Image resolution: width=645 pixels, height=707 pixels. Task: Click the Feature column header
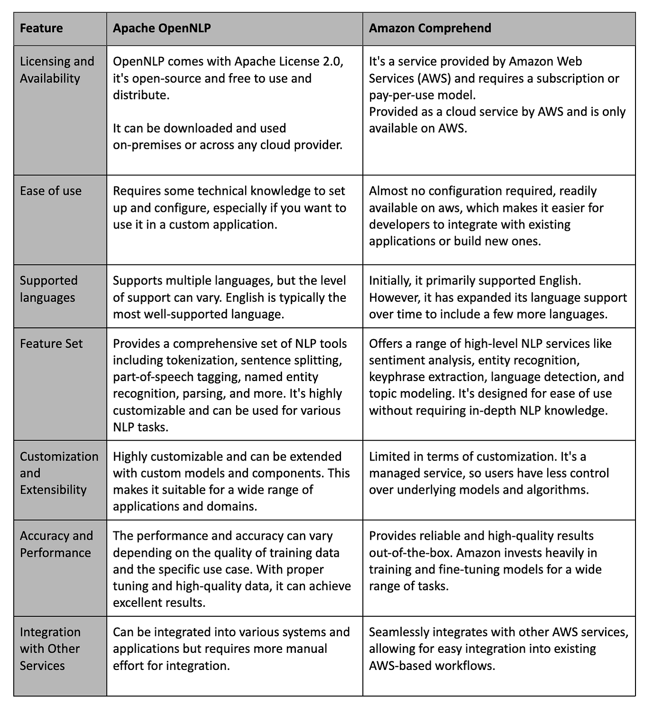point(41,28)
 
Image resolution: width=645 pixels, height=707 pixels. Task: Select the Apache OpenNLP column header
point(162,28)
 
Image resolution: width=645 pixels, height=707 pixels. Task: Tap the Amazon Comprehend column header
point(430,28)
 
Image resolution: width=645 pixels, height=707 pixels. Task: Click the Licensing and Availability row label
point(57,70)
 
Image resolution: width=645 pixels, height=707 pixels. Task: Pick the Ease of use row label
point(51,191)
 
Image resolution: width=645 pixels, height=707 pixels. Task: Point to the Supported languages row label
point(48,289)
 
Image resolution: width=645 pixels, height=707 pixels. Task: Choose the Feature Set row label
point(51,344)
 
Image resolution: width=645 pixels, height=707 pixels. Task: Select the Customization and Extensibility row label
point(59,473)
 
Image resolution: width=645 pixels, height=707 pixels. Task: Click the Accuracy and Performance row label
point(56,544)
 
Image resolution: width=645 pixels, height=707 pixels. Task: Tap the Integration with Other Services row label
point(50,649)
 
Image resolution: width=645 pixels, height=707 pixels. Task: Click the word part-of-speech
point(152,377)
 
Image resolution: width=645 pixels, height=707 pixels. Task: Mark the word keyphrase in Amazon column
point(392,377)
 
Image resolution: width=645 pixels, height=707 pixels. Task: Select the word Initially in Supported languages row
point(389,281)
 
